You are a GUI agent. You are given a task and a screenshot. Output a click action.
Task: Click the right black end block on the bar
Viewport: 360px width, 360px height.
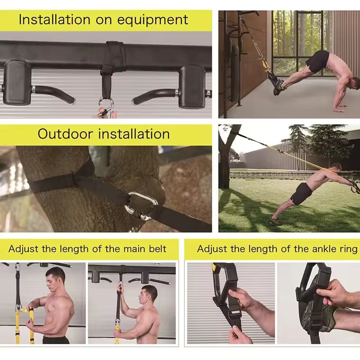[191, 85]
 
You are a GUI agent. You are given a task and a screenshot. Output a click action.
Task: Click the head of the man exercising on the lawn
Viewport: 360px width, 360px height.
[335, 168]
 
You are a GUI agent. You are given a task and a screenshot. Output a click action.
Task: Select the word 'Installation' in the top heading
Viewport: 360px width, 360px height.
[54, 20]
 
